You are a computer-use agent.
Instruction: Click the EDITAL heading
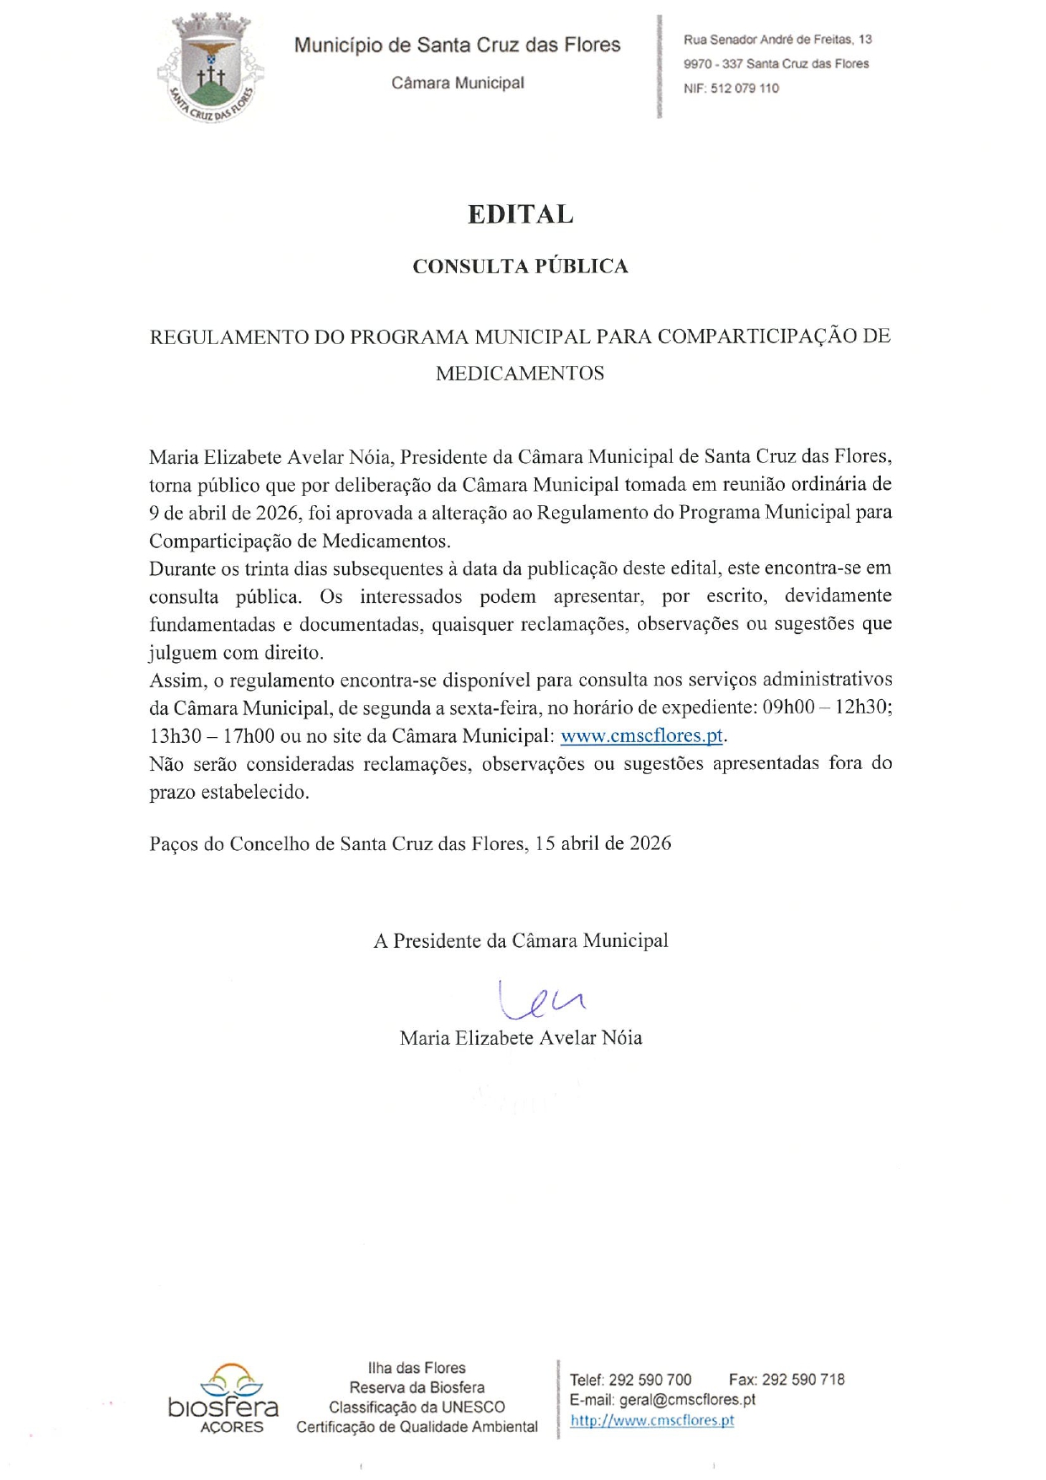(x=521, y=214)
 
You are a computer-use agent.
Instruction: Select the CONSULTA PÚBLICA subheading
(x=520, y=266)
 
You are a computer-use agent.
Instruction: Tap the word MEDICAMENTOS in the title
(x=520, y=374)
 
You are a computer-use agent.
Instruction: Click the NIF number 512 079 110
(x=744, y=88)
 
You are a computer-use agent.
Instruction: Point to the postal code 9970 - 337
(x=713, y=64)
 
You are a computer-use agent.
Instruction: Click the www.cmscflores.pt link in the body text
(x=641, y=735)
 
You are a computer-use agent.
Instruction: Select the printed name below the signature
(x=521, y=1038)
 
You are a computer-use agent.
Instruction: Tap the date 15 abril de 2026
(x=603, y=843)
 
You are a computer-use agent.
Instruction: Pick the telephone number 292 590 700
(x=650, y=1380)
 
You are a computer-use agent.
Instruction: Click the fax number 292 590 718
(x=802, y=1380)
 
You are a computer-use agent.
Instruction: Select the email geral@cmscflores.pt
(x=687, y=1400)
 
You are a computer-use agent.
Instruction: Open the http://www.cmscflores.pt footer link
(x=652, y=1420)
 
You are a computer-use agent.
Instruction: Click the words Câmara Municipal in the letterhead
(x=458, y=83)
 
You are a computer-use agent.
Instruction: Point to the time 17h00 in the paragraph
(x=249, y=735)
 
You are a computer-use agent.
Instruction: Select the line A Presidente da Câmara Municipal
(x=521, y=941)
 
